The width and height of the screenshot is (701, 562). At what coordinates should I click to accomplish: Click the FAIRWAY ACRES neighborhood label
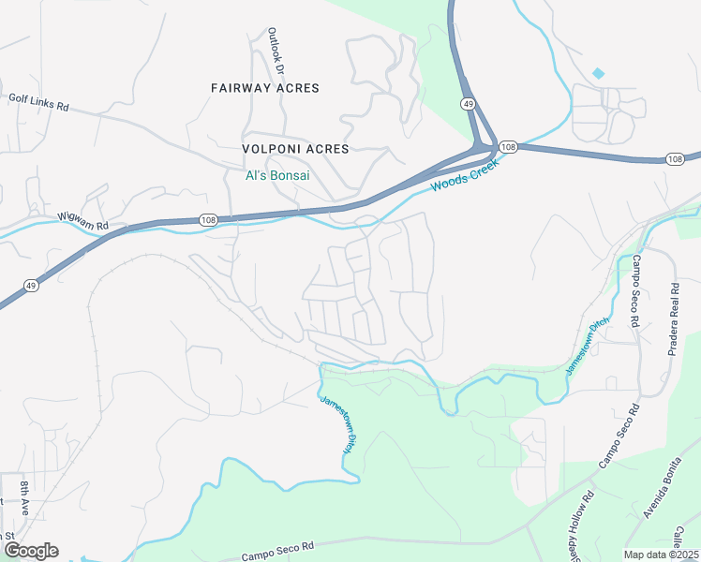click(265, 88)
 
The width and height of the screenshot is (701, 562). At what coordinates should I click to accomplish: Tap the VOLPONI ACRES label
click(296, 149)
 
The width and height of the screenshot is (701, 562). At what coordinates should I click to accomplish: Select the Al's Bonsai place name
click(277, 175)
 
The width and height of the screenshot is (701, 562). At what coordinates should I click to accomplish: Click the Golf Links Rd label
click(38, 102)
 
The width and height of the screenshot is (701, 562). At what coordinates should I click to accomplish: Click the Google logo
click(30, 551)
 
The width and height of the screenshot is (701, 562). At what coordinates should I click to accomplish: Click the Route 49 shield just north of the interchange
click(467, 103)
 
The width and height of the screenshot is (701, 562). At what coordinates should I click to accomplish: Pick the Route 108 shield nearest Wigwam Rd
click(206, 220)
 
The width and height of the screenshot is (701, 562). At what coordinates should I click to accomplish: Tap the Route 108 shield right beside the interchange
click(507, 147)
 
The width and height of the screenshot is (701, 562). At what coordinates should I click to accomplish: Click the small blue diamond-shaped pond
click(598, 72)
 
